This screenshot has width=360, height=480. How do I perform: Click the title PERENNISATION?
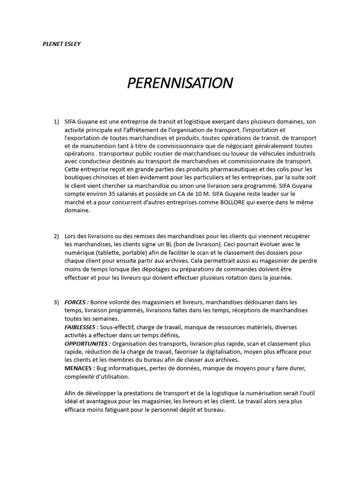pyautogui.click(x=180, y=83)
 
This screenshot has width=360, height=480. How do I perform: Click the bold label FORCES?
pyautogui.click(x=76, y=302)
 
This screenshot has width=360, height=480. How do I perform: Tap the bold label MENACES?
pyautogui.click(x=78, y=368)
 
